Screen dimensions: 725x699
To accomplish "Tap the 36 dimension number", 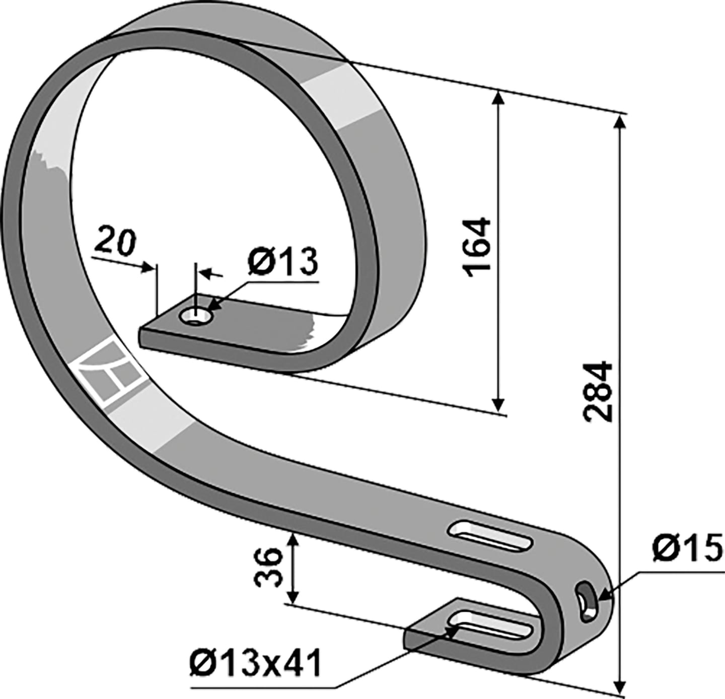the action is [267, 567].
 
